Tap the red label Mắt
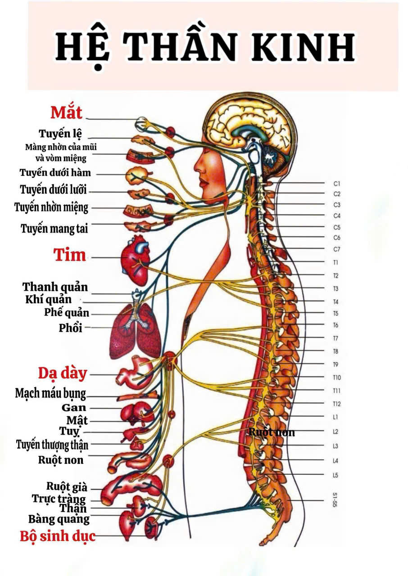click(66, 112)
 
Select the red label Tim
click(69, 255)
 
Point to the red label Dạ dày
click(62, 373)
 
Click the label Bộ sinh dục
click(58, 536)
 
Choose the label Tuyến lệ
click(60, 134)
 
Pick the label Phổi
click(70, 328)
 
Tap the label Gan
click(74, 408)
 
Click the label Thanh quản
click(55, 287)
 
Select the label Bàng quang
click(59, 519)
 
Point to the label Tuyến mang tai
click(54, 229)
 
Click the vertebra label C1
click(337, 184)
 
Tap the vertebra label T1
click(336, 262)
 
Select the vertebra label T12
click(337, 404)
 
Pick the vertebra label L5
click(335, 475)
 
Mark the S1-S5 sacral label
click(335, 500)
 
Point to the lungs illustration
click(135, 331)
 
